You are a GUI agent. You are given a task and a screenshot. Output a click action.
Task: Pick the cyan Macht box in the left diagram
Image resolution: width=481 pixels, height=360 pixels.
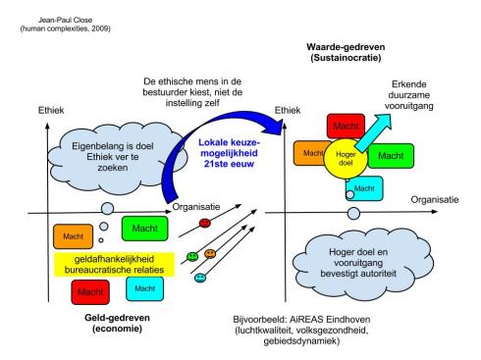pos(143,287)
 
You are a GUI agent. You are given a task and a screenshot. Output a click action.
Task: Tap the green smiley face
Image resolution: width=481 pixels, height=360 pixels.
pos(193,257)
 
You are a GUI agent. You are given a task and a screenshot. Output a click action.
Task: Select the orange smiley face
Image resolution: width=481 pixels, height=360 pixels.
pos(210,255)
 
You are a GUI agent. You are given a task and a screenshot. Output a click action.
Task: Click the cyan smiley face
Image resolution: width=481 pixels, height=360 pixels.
pos(200,279)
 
